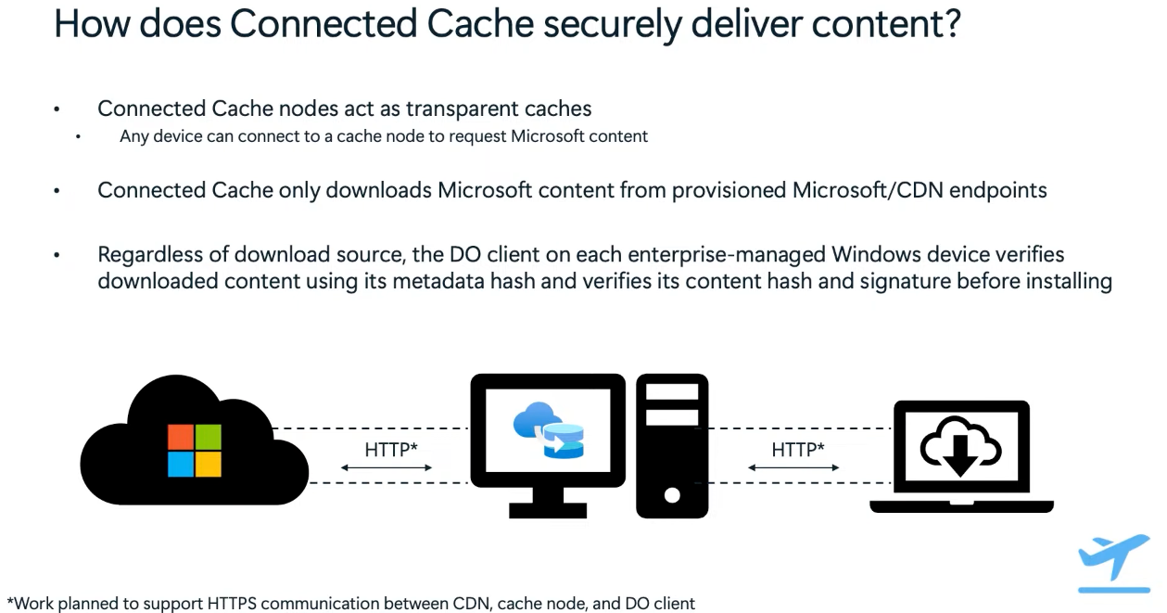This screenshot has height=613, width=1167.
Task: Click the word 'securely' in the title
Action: [x=612, y=24]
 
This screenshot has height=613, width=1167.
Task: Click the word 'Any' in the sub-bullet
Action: [x=133, y=136]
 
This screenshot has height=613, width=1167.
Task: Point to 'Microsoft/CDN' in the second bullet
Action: [x=868, y=190]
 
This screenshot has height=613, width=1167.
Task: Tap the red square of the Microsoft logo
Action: [x=180, y=437]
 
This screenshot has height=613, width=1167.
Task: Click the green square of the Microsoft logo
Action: [x=209, y=437]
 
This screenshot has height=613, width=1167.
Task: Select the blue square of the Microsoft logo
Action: [x=180, y=465]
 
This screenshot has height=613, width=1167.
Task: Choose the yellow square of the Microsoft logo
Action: [x=209, y=465]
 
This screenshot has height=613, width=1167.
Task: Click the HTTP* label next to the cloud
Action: [x=391, y=450]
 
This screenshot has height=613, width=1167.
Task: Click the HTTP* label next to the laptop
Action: [x=798, y=450]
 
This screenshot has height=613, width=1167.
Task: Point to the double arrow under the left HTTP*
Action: [x=387, y=467]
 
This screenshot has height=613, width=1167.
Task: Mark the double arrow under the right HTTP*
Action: [x=793, y=467]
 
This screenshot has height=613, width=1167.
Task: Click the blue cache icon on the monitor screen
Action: [x=548, y=430]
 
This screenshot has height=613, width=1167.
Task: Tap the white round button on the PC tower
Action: [x=672, y=495]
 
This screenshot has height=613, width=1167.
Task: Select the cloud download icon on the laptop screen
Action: [x=960, y=445]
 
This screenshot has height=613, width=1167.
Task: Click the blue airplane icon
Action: [x=1114, y=556]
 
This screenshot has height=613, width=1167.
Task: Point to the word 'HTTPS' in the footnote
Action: [x=232, y=603]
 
